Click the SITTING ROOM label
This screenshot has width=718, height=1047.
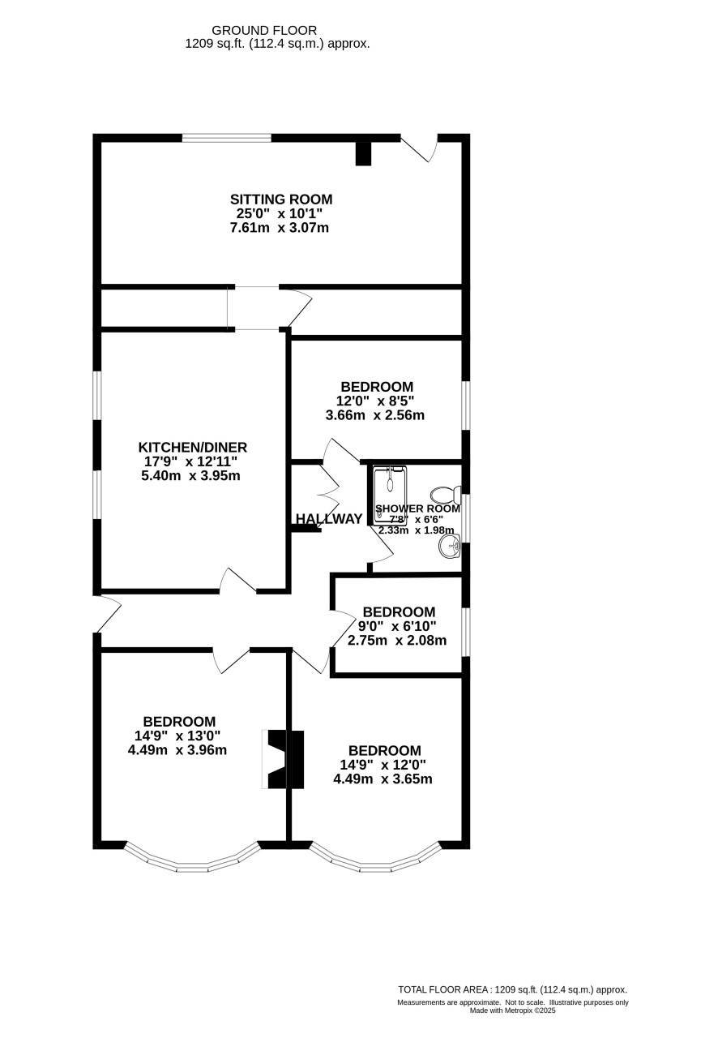pyautogui.click(x=281, y=200)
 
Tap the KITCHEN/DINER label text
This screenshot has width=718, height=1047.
pyautogui.click(x=192, y=448)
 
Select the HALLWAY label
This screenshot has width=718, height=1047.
pyautogui.click(x=329, y=519)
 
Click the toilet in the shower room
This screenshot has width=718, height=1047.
pyautogui.click(x=445, y=494)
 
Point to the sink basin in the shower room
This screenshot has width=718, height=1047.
pyautogui.click(x=450, y=546)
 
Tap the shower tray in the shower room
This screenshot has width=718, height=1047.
pyautogui.click(x=390, y=495)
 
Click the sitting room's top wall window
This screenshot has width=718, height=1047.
pyautogui.click(x=227, y=138)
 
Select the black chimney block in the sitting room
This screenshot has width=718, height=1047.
pyautogui.click(x=363, y=153)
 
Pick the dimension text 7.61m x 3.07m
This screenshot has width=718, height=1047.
pyautogui.click(x=280, y=228)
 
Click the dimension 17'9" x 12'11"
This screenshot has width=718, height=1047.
pyautogui.click(x=190, y=461)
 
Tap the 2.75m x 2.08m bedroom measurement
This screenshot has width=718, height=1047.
pyautogui.click(x=397, y=641)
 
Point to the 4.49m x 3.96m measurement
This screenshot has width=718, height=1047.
pyautogui.click(x=177, y=750)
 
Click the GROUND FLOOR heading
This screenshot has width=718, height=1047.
pyautogui.click(x=264, y=30)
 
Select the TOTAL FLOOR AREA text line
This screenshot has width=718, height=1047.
pyautogui.click(x=512, y=989)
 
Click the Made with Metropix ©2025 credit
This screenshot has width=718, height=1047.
pyautogui.click(x=512, y=1010)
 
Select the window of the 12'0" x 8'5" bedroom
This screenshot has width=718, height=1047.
pyautogui.click(x=466, y=405)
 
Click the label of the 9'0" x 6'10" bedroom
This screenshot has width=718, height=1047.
pyautogui.click(x=399, y=612)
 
